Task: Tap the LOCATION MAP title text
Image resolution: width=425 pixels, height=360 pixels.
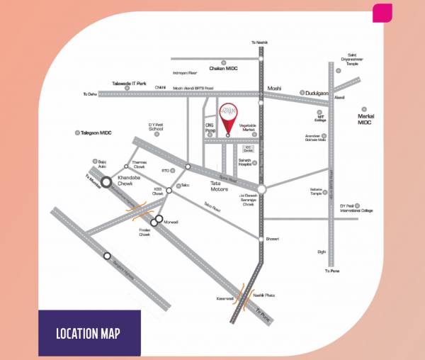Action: tap(89, 333)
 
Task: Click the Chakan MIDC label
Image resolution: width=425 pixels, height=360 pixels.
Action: tap(226, 68)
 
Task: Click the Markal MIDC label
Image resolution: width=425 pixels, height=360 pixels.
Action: tap(365, 118)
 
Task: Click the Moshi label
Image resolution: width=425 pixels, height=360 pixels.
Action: tap(274, 89)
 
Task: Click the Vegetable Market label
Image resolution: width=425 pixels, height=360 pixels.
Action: tap(247, 128)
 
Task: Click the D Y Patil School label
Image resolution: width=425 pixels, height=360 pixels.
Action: tap(156, 128)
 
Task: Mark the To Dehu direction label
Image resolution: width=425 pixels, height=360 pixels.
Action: tap(89, 94)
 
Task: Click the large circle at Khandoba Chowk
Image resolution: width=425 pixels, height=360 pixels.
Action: tap(106, 182)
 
